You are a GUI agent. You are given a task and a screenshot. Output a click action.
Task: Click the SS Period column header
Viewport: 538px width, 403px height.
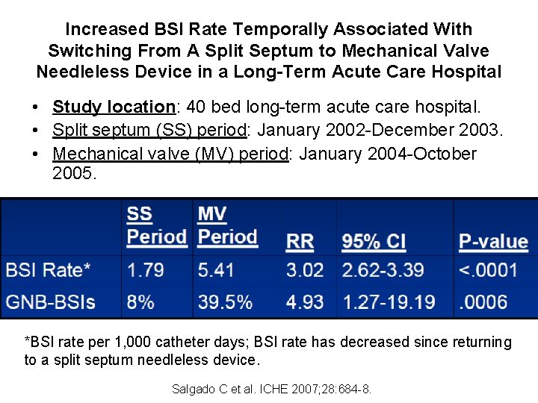156,226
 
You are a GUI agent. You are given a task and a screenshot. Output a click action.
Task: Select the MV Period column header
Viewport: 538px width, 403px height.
227,226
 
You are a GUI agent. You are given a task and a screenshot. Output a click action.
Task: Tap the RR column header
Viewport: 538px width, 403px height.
300,242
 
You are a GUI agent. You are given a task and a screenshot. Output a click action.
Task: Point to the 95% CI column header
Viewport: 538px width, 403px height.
374,242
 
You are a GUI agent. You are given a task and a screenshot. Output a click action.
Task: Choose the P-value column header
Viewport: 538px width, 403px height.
492,242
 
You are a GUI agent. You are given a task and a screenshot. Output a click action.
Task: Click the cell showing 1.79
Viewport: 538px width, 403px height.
146,270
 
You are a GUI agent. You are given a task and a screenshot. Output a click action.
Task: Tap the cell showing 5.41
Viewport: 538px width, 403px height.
217,270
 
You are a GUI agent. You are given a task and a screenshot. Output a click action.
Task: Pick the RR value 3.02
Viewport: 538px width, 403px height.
304,270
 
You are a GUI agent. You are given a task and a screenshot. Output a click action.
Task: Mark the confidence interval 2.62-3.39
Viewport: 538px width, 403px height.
383,270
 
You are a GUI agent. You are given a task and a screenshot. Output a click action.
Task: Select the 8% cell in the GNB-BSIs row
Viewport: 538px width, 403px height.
140,302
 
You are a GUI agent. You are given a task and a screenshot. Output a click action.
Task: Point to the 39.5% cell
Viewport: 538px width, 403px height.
225,302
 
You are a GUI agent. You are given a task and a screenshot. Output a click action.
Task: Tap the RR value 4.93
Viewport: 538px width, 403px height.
304,302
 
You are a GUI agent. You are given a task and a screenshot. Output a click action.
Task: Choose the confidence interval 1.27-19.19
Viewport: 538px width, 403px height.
389,302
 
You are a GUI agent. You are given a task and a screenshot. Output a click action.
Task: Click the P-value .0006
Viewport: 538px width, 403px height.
483,302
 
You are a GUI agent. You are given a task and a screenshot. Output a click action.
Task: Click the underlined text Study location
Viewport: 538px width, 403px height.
113,107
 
